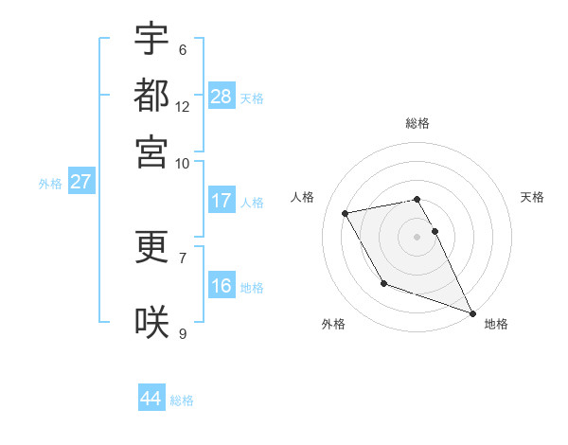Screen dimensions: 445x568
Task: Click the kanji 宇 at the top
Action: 151,39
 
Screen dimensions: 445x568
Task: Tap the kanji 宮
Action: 151,151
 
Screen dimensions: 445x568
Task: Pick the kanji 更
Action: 151,247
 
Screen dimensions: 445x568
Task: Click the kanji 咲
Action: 151,322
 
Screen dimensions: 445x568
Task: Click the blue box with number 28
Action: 222,96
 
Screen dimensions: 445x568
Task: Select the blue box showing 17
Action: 222,201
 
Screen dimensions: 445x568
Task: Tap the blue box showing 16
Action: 222,286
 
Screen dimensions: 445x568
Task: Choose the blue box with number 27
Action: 80,182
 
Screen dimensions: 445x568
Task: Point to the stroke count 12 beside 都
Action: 183,106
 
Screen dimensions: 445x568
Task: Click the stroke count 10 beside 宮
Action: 183,163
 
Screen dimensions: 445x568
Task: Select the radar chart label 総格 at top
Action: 417,123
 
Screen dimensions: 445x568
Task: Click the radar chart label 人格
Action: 303,197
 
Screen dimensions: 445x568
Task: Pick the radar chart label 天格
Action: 532,197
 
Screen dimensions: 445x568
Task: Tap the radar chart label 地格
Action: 496,324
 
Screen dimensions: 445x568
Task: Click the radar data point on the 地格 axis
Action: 472,313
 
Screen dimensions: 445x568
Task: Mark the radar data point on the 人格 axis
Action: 346,213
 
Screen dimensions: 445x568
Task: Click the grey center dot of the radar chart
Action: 417,237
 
